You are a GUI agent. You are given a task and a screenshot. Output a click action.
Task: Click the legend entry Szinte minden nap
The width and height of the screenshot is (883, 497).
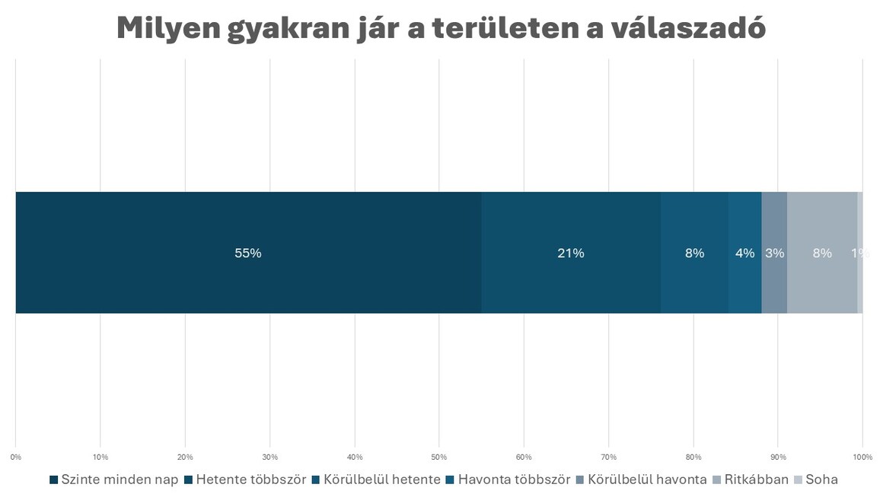113,479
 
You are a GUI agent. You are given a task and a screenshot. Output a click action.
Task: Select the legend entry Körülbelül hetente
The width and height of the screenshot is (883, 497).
376,479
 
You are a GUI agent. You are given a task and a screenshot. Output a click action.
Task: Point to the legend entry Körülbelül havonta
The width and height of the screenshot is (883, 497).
641,479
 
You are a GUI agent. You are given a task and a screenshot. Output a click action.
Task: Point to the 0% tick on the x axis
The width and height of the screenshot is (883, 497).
15,457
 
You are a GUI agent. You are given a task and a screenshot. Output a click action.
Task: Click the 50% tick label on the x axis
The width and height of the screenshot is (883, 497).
438,457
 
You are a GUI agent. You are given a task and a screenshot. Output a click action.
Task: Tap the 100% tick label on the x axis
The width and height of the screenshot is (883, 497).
862,457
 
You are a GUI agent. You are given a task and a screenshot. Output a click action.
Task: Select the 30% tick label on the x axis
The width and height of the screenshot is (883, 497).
269,457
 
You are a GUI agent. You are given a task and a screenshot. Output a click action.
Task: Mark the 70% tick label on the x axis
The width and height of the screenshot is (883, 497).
608,457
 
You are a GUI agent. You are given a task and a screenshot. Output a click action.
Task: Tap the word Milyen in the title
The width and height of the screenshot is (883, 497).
167,29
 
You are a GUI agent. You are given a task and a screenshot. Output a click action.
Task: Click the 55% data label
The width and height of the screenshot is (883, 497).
248,253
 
